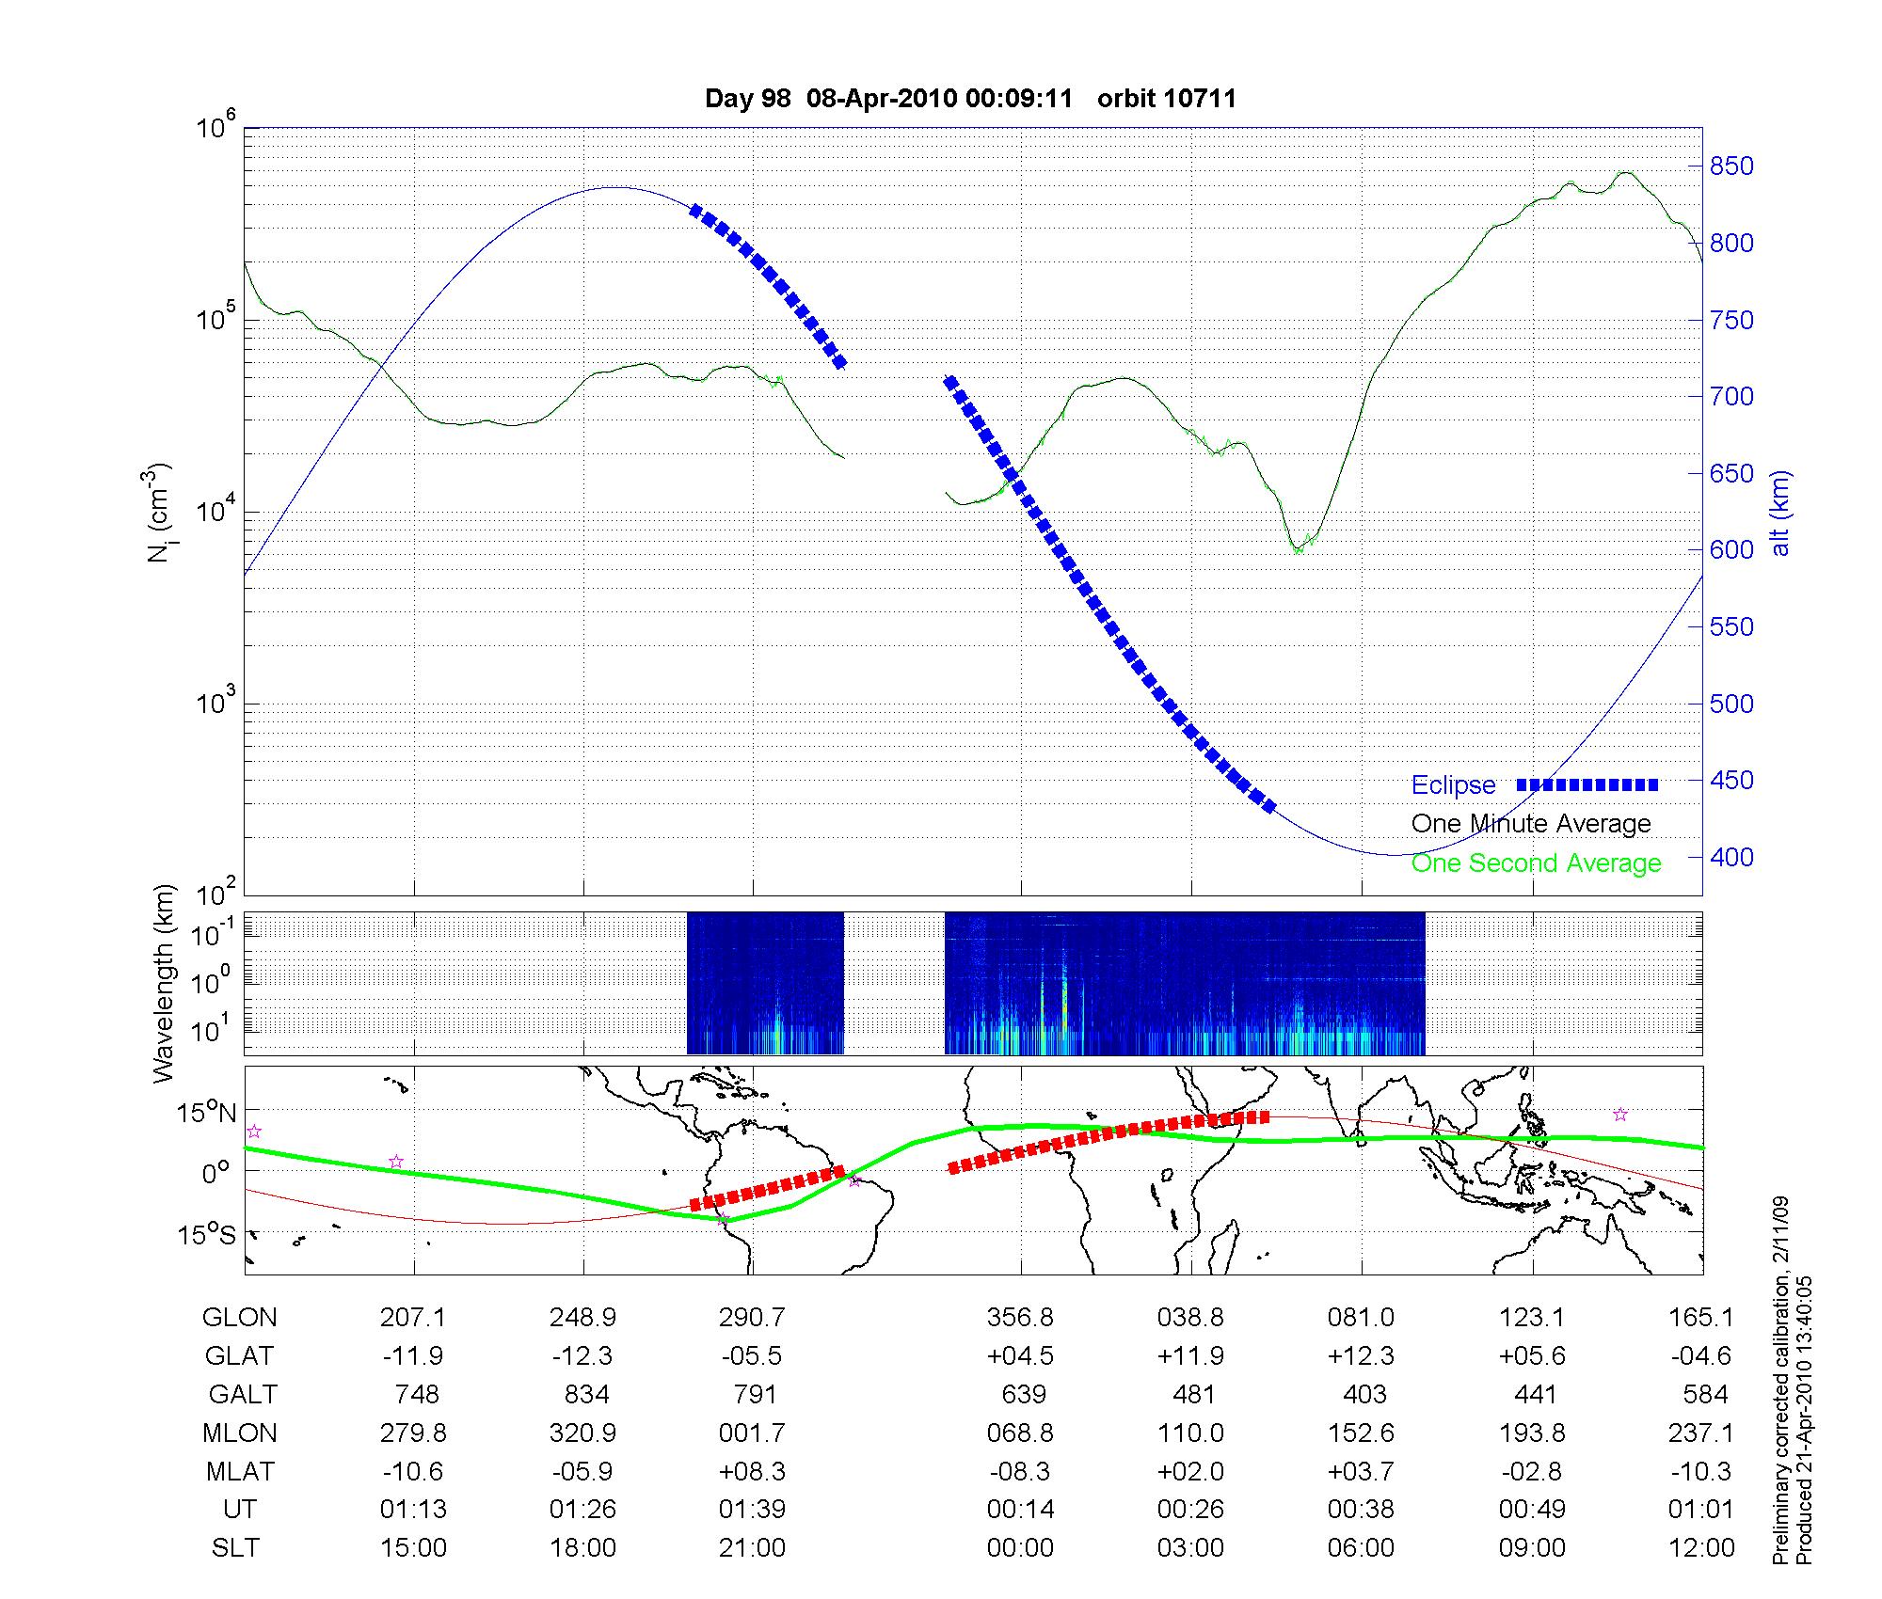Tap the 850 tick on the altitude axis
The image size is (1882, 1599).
[1731, 166]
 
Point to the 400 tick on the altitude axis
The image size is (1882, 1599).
[1731, 857]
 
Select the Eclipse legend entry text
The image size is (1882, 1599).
[1453, 785]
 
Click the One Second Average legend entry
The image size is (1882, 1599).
[1536, 863]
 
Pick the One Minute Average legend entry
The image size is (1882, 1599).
[1531, 824]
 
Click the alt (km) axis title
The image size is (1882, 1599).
[1780, 513]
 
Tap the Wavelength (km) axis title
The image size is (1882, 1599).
[164, 983]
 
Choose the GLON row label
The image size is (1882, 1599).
[239, 1318]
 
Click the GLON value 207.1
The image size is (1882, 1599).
[413, 1318]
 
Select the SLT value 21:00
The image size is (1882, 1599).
[752, 1547]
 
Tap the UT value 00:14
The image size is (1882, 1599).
[1020, 1510]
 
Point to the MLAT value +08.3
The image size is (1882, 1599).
[752, 1471]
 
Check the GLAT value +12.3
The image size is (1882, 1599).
[1361, 1356]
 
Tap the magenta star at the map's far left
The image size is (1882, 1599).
[253, 1132]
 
